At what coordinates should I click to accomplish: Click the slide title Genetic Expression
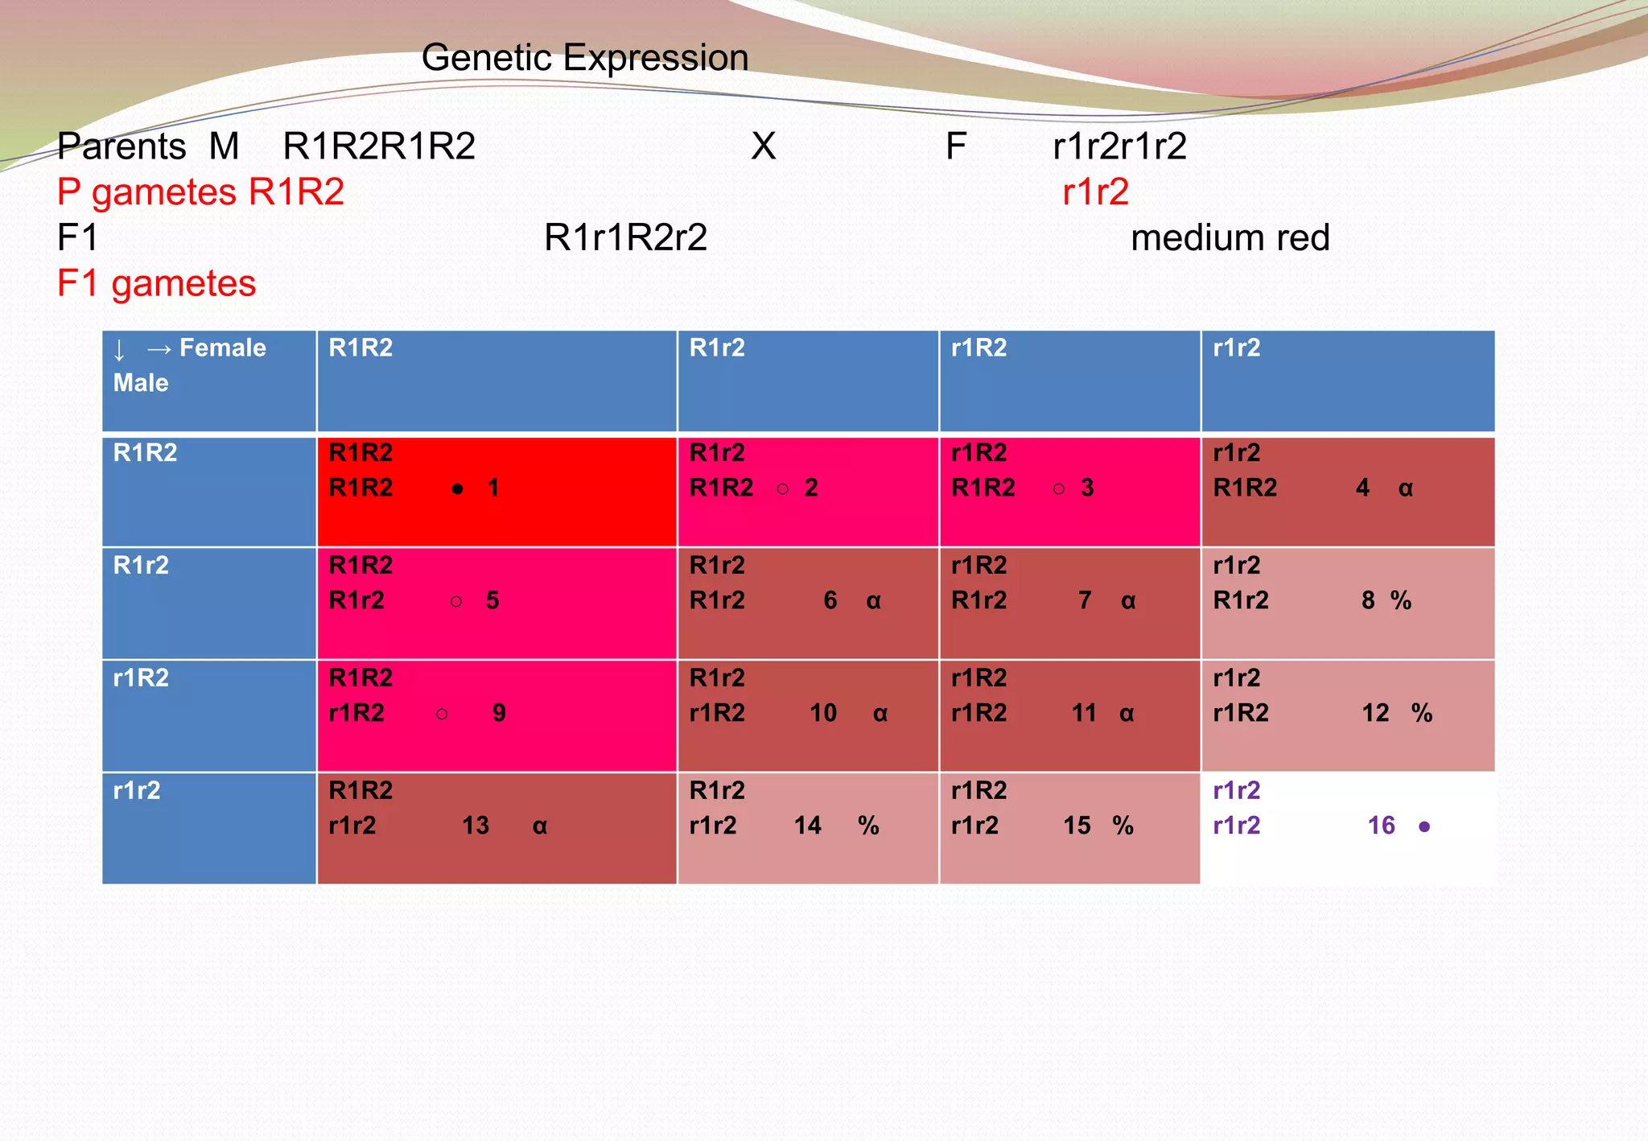585,58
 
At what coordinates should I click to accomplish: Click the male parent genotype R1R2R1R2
379,146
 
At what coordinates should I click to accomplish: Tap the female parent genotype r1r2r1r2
1119,146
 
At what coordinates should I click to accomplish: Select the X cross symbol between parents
763,146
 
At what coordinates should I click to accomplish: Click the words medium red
1230,238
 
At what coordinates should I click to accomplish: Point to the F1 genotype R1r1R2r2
625,238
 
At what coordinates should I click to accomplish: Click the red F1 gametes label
156,284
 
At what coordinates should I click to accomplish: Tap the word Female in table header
223,348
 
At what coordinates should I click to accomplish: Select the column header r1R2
978,348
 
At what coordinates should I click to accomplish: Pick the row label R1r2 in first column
141,565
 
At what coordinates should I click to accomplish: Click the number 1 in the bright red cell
493,488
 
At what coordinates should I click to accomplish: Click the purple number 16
1381,826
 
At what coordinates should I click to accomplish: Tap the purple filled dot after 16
1424,826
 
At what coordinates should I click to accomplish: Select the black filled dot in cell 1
457,488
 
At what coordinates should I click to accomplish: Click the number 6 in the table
830,600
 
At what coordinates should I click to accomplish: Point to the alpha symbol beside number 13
540,826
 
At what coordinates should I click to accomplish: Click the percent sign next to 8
1401,600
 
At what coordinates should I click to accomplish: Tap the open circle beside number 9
442,714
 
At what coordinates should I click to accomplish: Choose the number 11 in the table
1084,713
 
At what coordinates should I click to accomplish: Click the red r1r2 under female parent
1095,192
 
